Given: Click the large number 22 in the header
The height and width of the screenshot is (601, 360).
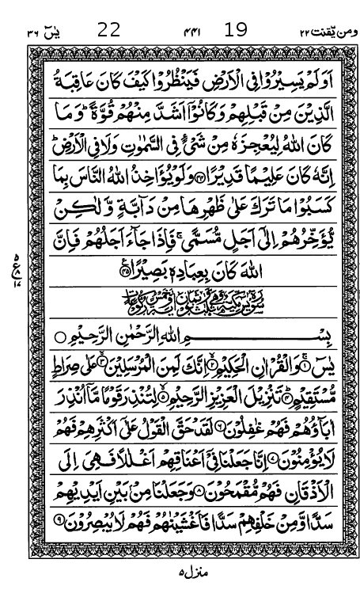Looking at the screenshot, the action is (108, 31).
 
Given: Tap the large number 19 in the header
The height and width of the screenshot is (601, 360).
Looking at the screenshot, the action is (235, 31).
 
